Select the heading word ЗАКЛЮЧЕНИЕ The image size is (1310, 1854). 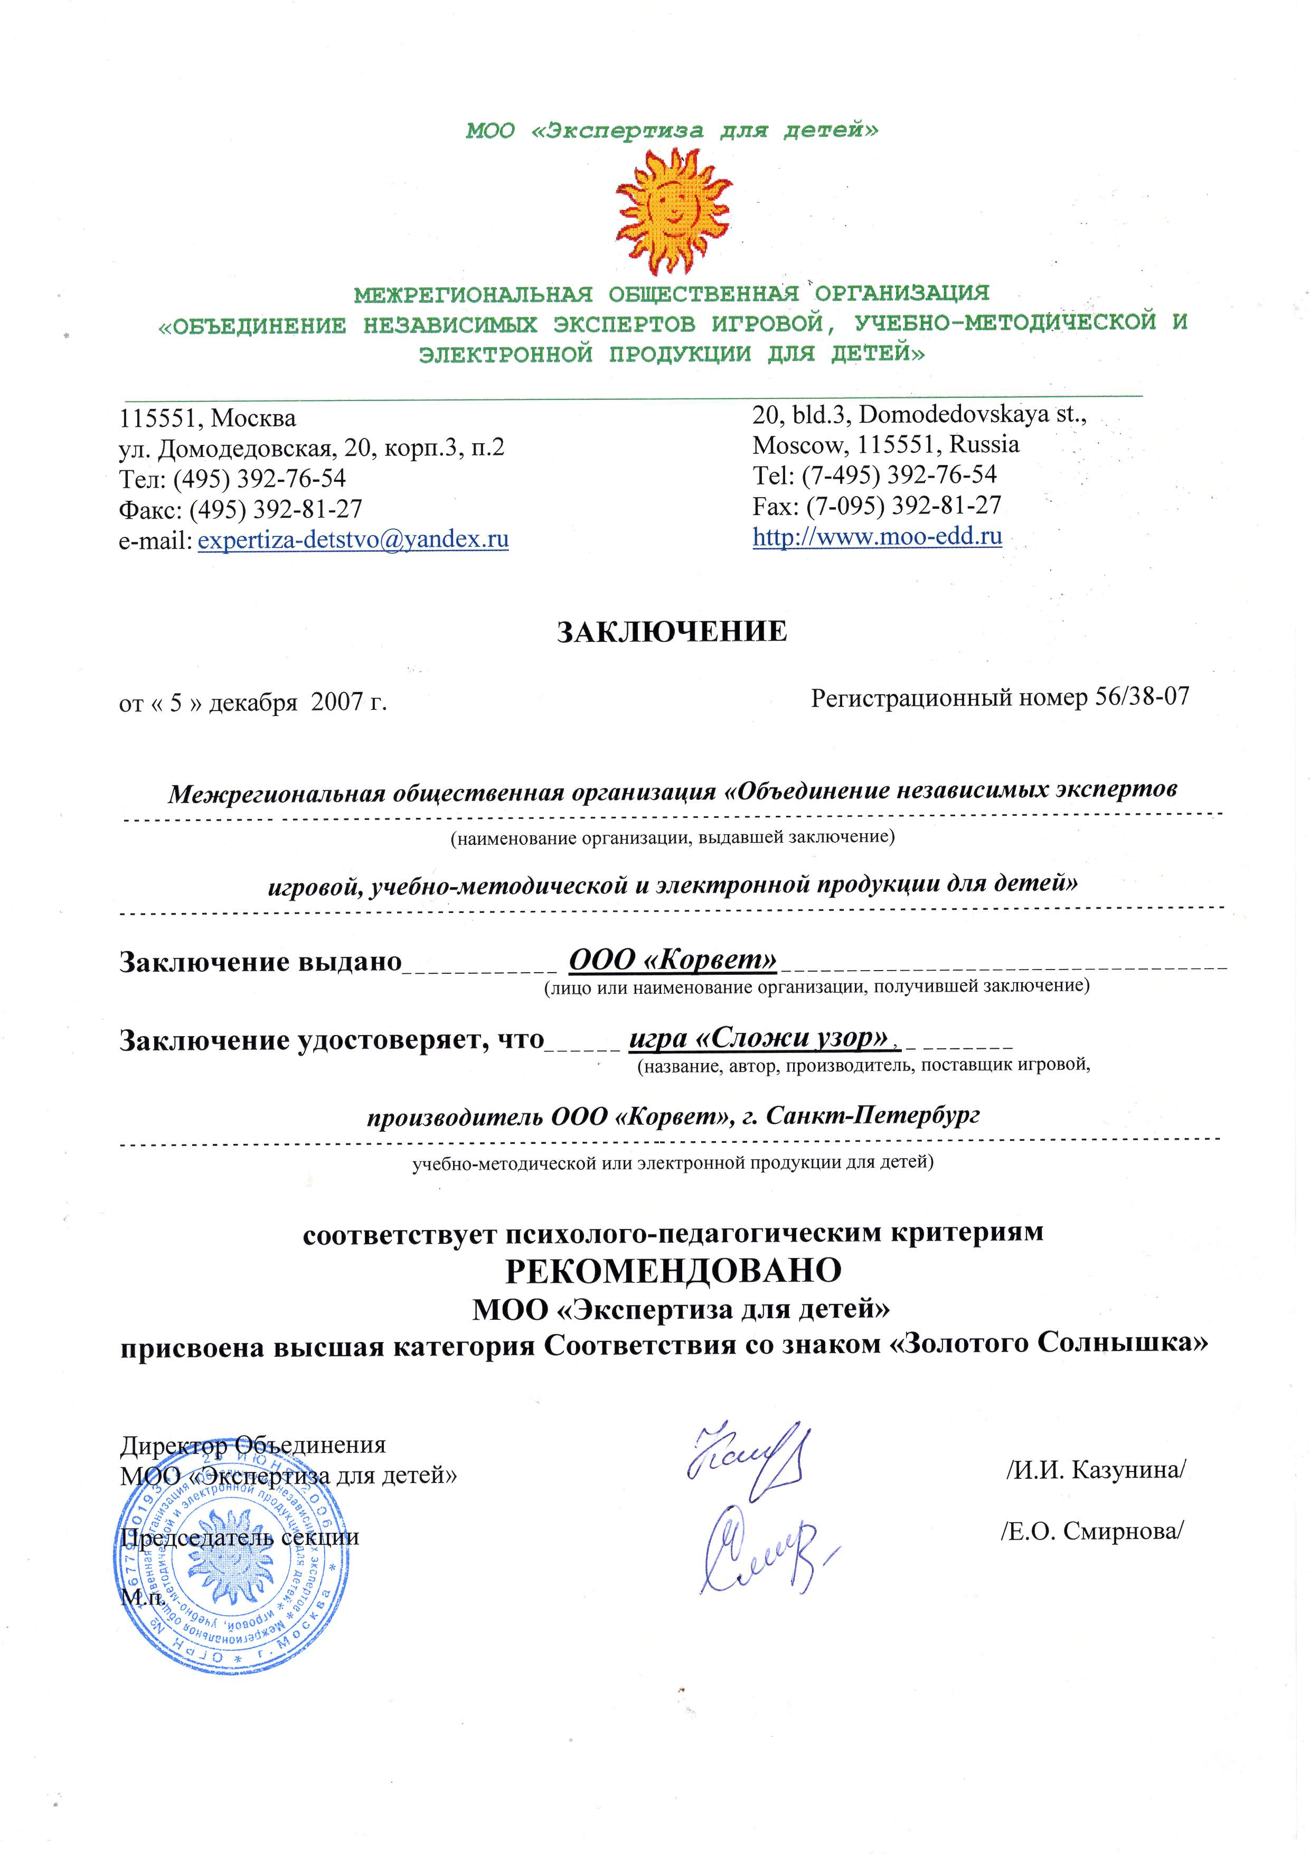coord(672,631)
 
